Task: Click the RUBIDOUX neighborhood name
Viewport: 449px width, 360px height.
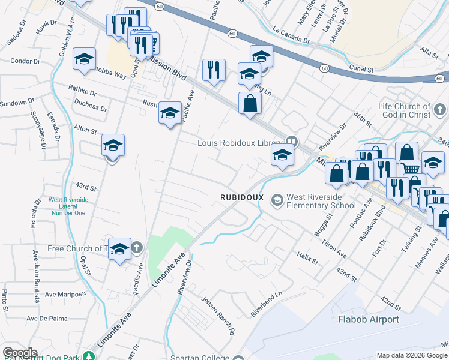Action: [x=239, y=197]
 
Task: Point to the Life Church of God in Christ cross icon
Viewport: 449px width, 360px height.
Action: [x=440, y=110]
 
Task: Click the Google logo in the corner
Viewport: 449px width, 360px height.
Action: [x=20, y=353]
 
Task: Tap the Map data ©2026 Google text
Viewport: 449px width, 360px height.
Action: [x=412, y=355]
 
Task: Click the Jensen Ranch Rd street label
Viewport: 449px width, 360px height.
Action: [x=217, y=315]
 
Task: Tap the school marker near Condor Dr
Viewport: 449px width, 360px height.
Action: [x=85, y=59]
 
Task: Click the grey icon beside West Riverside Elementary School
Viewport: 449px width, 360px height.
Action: [x=277, y=199]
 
